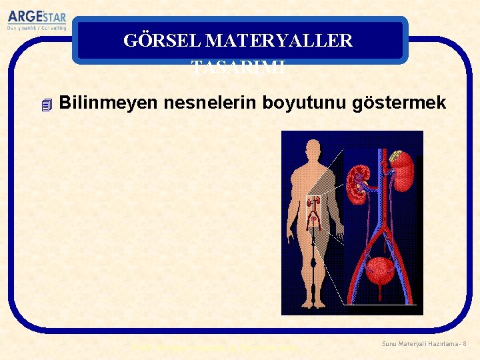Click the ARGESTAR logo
point(37,17)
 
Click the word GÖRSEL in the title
point(162,41)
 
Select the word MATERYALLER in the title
point(279,41)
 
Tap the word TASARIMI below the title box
point(238,67)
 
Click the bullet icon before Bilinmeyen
point(45,105)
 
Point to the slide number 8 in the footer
point(464,343)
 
